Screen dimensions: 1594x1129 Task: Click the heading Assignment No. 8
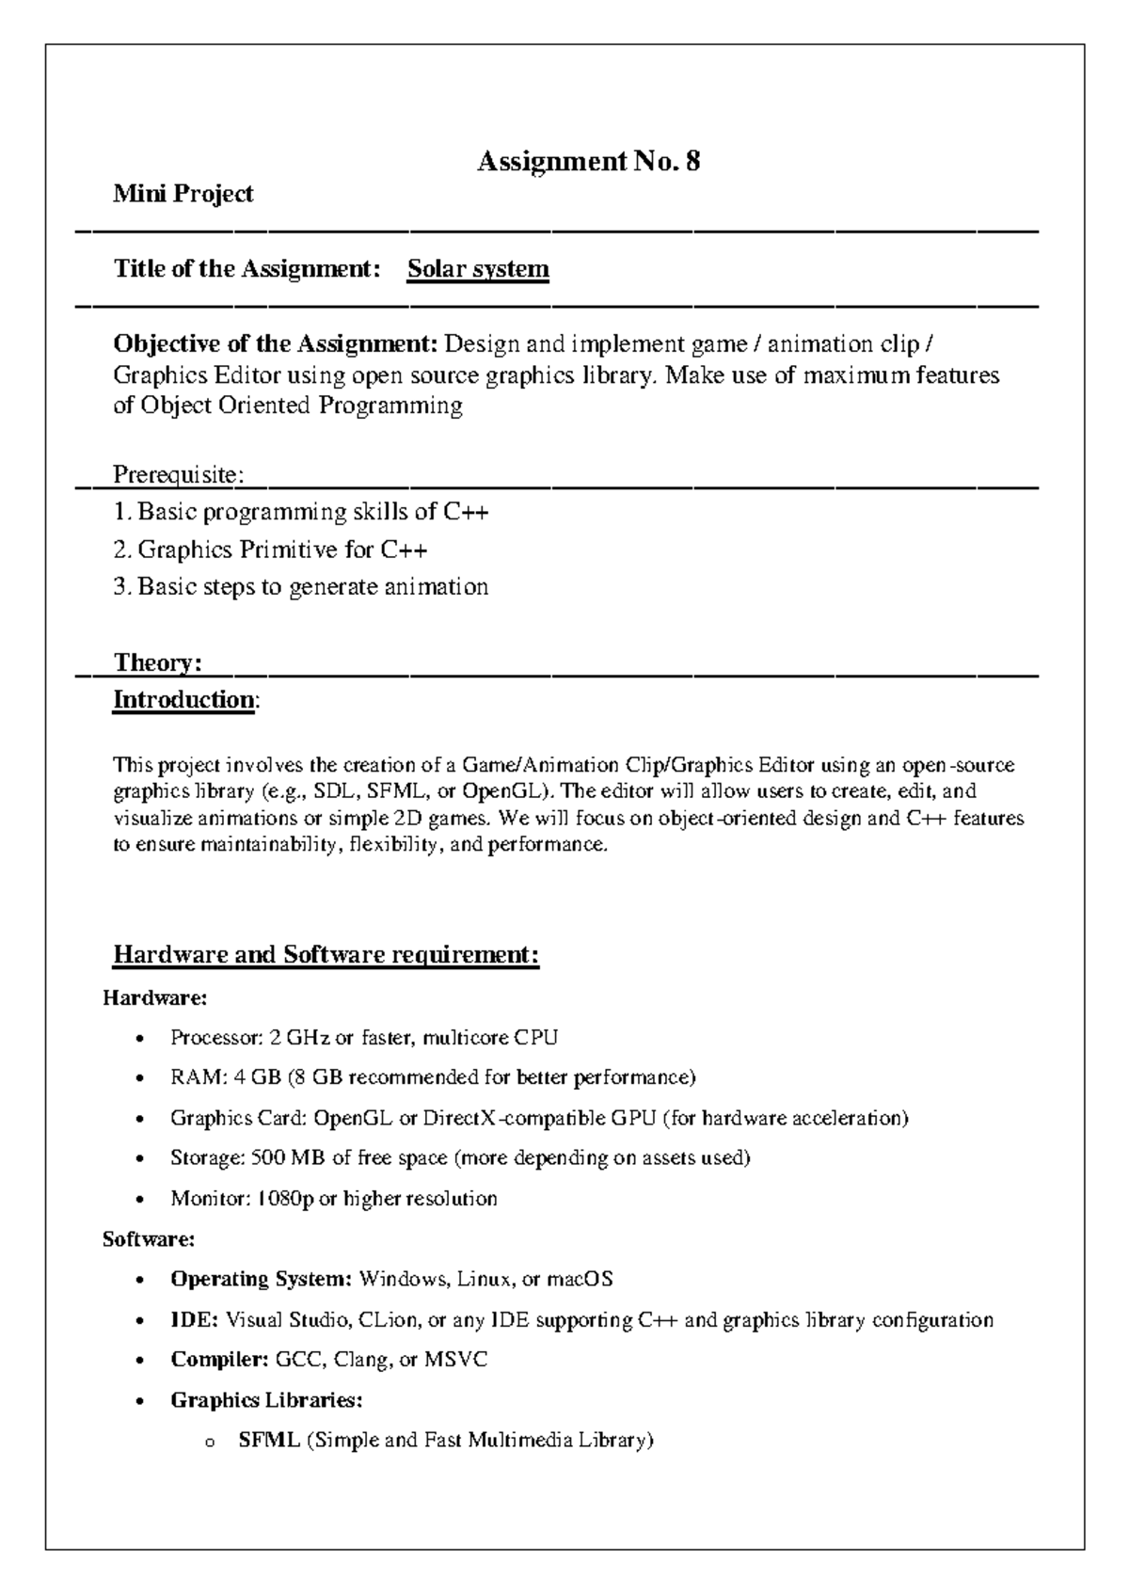pos(588,162)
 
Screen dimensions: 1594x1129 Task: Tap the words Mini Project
pos(183,194)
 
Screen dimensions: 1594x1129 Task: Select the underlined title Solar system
pos(478,269)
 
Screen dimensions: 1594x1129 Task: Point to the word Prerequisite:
pos(178,474)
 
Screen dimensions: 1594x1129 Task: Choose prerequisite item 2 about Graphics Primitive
pos(271,549)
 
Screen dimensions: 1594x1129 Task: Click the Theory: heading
pos(157,662)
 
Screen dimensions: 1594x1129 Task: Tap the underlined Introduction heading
pos(183,700)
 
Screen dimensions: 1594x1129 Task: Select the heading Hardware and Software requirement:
pos(326,955)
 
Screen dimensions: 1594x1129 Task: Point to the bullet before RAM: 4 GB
pos(140,1079)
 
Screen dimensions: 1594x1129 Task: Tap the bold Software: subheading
pos(149,1239)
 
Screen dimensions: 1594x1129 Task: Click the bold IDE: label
pos(194,1319)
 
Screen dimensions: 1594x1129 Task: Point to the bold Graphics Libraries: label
pos(266,1400)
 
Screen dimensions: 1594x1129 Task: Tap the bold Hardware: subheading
pos(154,996)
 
